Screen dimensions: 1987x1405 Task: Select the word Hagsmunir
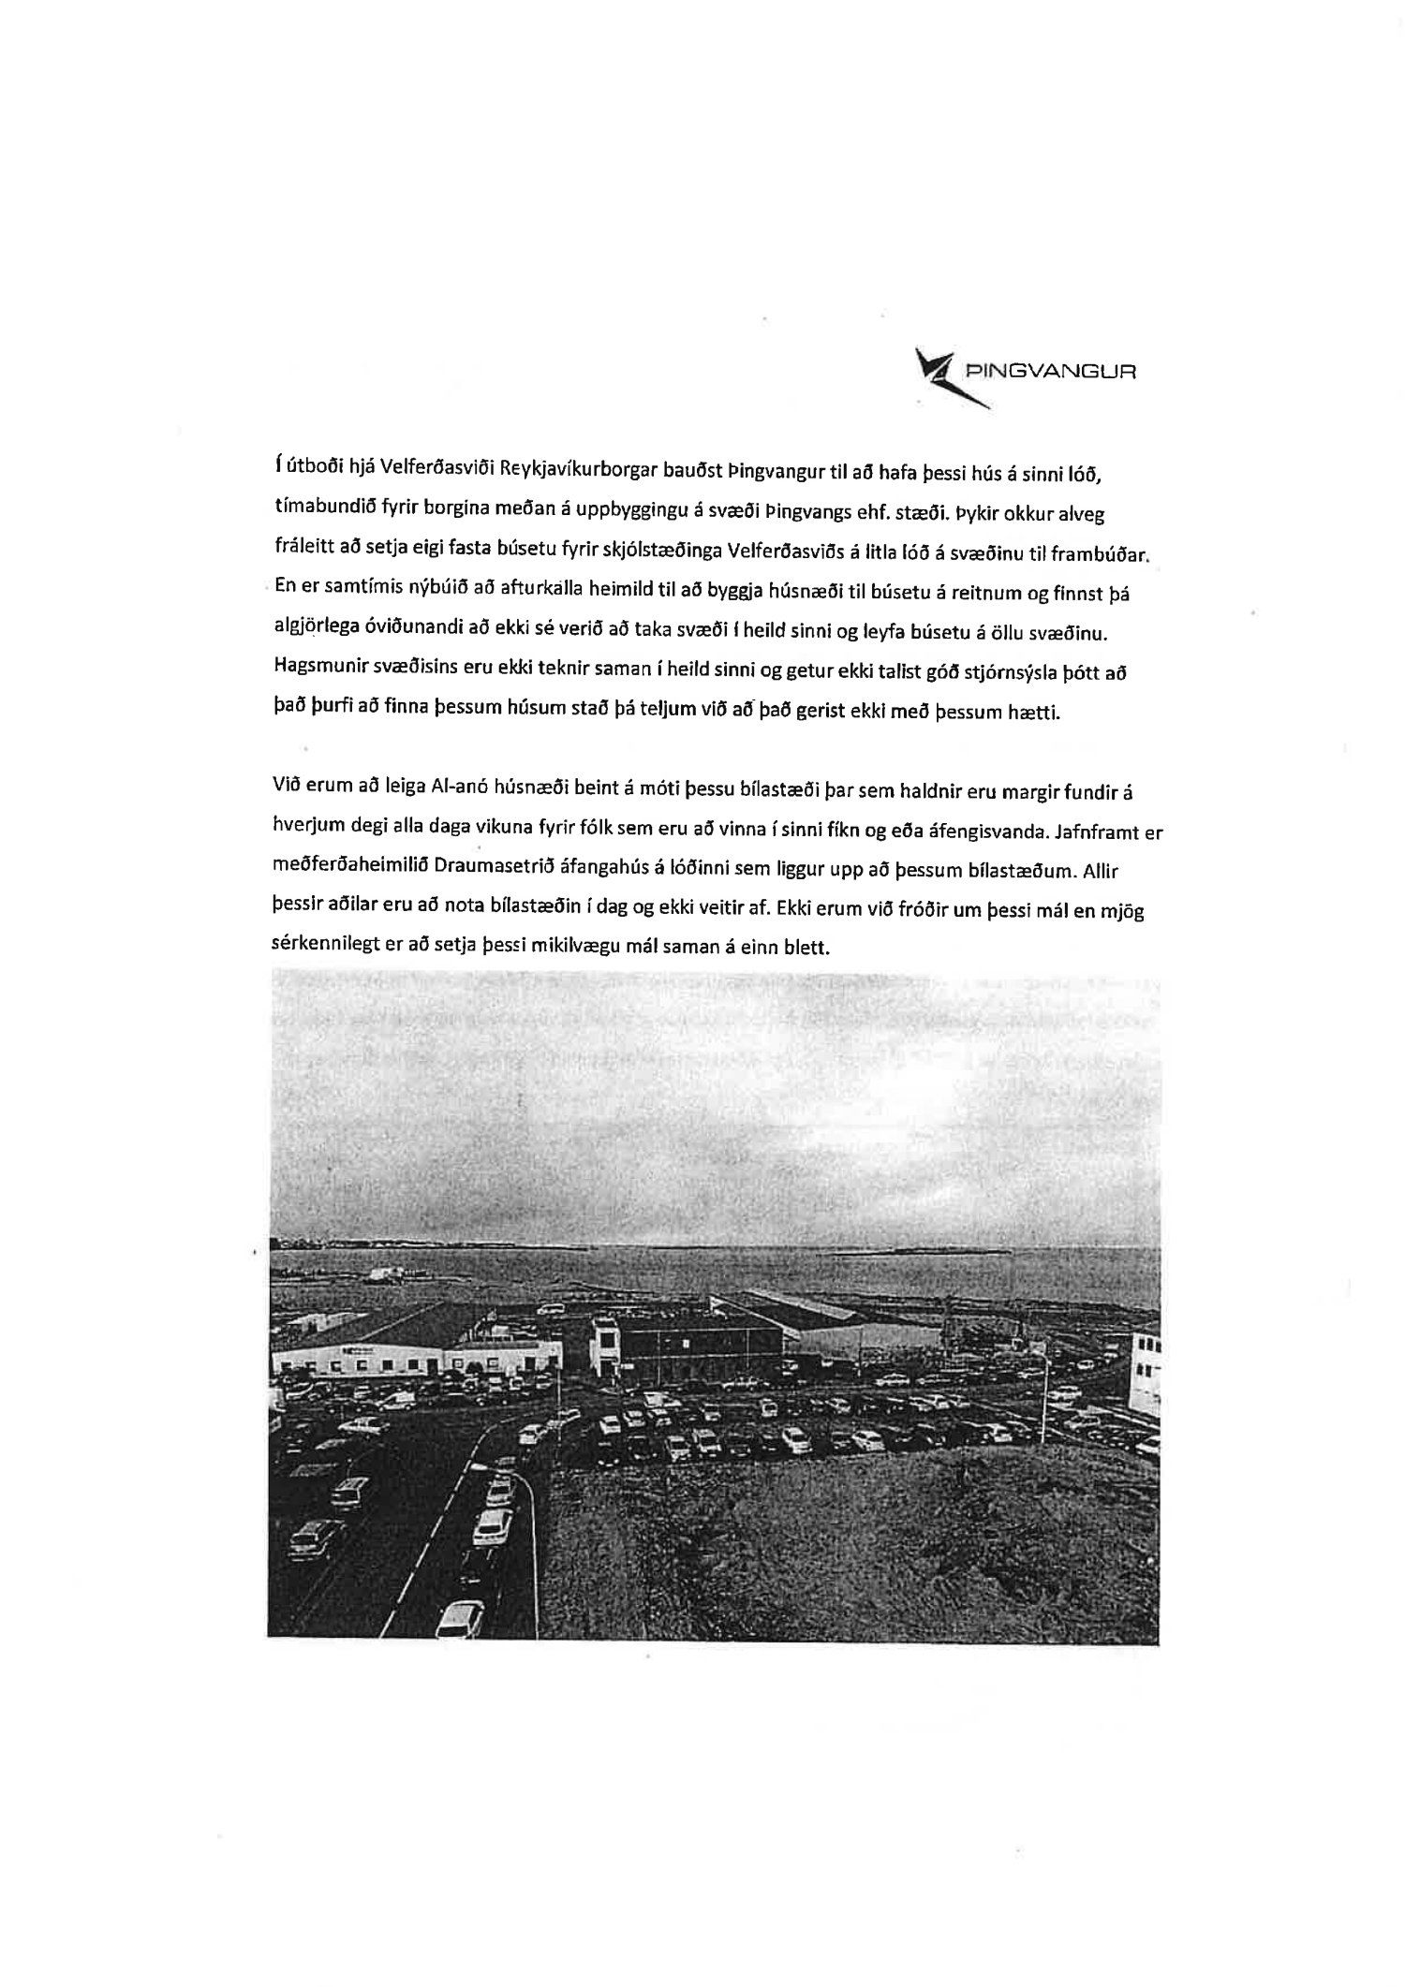[x=317, y=672]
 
